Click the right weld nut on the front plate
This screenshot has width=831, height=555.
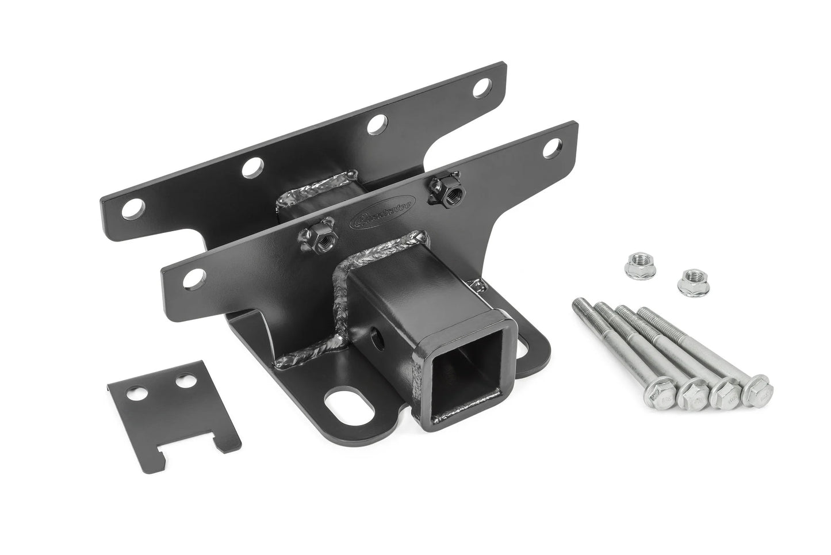click(443, 185)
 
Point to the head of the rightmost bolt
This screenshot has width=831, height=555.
click(757, 394)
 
